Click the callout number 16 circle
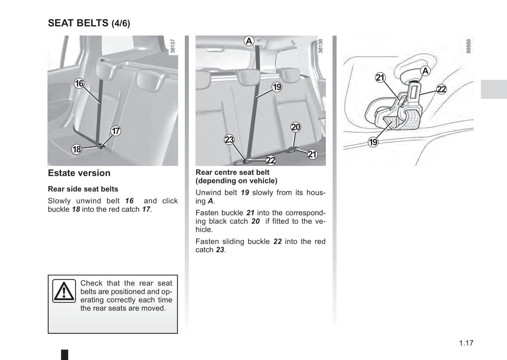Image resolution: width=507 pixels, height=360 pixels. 79,84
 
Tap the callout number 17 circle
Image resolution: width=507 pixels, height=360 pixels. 116,131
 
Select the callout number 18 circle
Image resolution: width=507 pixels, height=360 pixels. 76,149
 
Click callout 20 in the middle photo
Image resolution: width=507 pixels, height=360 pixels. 296,127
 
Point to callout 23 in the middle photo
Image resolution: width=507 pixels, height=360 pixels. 229,140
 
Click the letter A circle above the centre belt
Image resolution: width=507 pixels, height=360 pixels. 249,41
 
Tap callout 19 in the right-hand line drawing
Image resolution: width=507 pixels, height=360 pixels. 373,142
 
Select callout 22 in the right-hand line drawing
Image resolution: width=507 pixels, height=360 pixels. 441,89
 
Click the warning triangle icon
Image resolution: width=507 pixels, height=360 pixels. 64,291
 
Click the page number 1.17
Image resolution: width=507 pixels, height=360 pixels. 466,343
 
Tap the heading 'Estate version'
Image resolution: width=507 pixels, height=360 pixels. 79,173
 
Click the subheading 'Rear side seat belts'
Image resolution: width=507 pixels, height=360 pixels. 83,189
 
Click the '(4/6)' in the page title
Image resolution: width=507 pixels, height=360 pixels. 121,24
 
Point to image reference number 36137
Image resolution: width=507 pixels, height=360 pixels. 173,46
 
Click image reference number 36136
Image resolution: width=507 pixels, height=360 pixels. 320,46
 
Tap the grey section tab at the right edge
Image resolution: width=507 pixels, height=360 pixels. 494,89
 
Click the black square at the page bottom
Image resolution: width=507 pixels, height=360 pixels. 65,354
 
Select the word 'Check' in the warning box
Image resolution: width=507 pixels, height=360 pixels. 92,283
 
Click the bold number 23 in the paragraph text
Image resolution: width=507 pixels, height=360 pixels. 220,250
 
